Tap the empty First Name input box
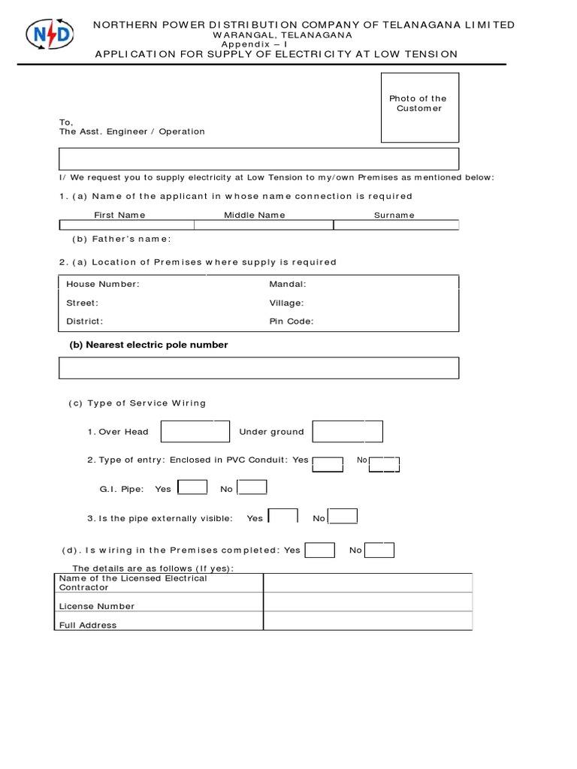pos(126,225)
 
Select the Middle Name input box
pos(264,225)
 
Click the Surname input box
pos(396,225)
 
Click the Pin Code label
pos(292,321)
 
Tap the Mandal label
pos(288,285)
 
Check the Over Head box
pos(195,432)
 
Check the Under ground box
pos(347,432)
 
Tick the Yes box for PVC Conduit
pos(328,463)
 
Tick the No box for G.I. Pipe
pos(252,488)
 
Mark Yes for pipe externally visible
pos(283,517)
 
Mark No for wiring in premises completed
pos(379,550)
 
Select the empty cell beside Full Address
pos(367,621)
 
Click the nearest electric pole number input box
pos(258,368)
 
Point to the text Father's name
pos(122,239)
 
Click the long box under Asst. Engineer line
pos(258,159)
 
